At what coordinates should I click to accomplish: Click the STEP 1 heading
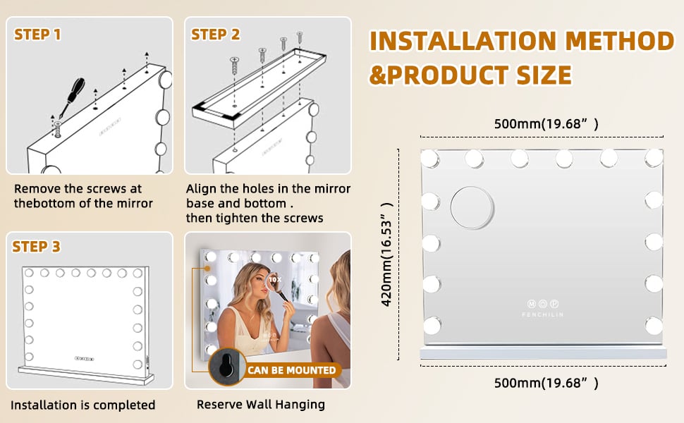pos(37,35)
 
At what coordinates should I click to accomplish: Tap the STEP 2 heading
pos(216,35)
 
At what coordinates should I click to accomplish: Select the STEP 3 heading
pos(36,247)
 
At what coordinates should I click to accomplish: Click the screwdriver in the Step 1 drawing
pos(73,97)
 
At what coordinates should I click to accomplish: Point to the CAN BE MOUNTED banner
pos(292,370)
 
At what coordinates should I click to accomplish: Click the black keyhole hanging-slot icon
pos(227,367)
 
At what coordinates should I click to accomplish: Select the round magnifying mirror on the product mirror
pos(472,208)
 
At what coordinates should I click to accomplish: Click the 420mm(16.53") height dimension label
pos(387,255)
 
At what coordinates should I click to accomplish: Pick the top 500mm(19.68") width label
pos(546,124)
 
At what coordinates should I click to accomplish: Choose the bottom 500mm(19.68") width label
pos(546,383)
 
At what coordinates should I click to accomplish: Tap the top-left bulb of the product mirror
pos(429,159)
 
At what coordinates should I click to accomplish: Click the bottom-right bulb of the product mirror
pos(654,326)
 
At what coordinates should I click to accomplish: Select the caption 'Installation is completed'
pos(83,405)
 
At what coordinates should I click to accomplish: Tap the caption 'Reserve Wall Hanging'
pos(261,405)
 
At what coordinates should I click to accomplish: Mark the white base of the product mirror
pos(543,353)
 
